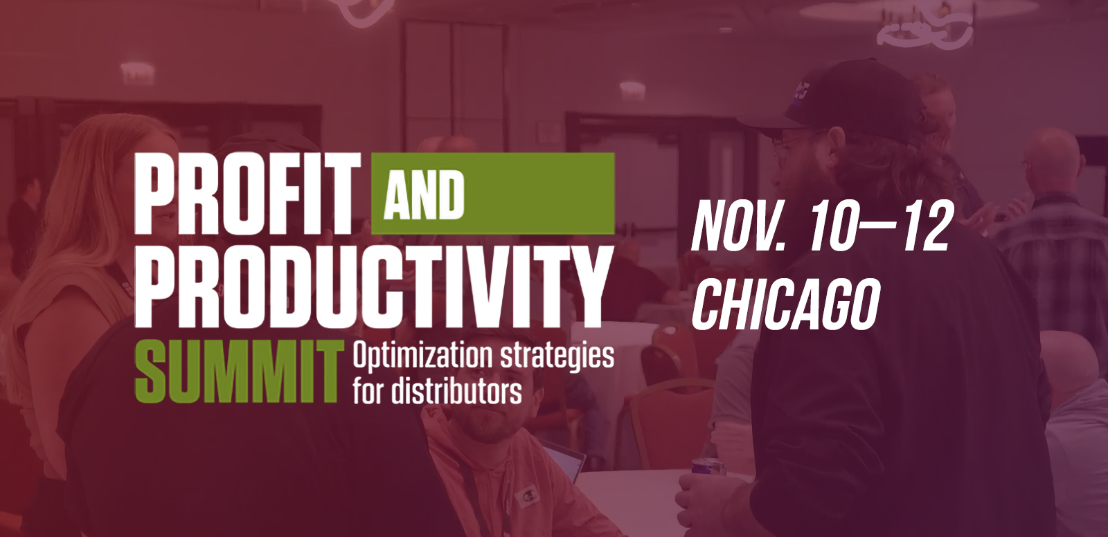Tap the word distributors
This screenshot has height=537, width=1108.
456,391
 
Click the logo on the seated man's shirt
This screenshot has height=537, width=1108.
524,497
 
